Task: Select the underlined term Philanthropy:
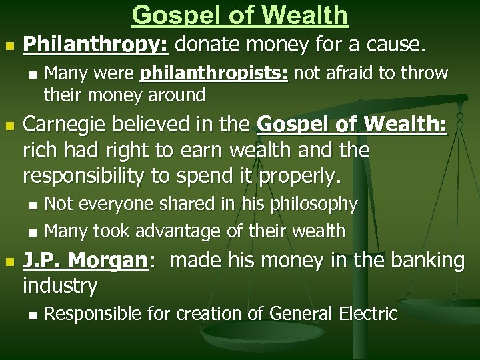point(97,46)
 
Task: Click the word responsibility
point(86,177)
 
